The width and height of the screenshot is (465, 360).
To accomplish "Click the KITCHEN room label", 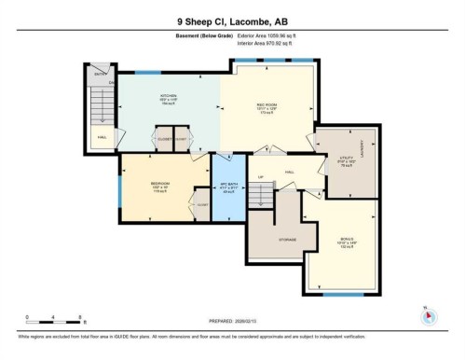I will [168, 95].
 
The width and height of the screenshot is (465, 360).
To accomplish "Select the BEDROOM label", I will [159, 184].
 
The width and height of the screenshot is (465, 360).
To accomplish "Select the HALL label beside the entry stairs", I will [101, 136].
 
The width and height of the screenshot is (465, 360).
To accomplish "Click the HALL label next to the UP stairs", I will [290, 172].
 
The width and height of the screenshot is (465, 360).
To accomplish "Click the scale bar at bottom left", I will [55, 319].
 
